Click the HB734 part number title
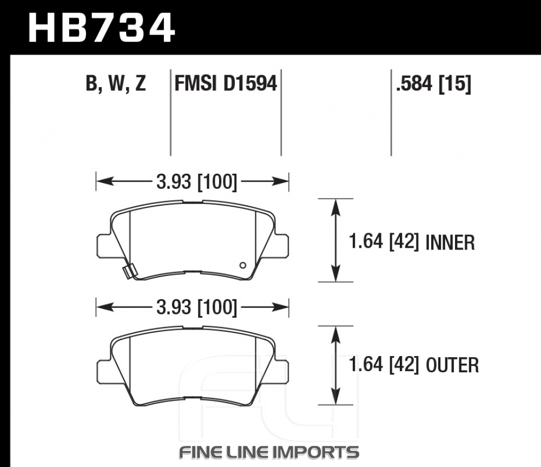102,28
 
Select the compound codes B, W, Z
116,83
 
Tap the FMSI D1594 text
226,83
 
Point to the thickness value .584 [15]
433,83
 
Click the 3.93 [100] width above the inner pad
197,182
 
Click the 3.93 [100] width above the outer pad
197,307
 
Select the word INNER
450,242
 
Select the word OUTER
452,365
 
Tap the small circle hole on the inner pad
243,265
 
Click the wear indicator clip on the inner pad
129,271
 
